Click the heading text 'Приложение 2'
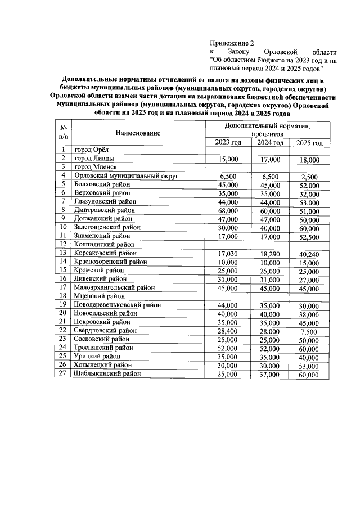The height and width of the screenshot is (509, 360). pos(232,43)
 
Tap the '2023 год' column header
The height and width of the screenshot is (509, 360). pos(228,142)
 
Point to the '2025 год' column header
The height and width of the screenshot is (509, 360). pos(309,143)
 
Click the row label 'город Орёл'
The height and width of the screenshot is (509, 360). pos(94,150)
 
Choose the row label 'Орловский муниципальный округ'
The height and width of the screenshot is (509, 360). pos(126,176)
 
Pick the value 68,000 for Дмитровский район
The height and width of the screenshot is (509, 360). pos(228,211)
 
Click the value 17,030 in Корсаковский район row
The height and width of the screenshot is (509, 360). pos(228,254)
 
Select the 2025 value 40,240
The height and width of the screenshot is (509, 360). pos(309,254)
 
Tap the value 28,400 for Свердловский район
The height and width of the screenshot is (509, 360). pos(228,332)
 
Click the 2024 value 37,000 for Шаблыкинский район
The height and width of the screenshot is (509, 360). pos(268,375)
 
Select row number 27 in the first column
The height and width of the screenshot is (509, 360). pos(64,373)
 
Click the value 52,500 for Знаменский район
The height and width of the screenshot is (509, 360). pos(309,237)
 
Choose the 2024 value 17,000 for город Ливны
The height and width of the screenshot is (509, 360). pos(268,160)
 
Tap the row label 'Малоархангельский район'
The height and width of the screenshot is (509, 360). pos(115,287)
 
